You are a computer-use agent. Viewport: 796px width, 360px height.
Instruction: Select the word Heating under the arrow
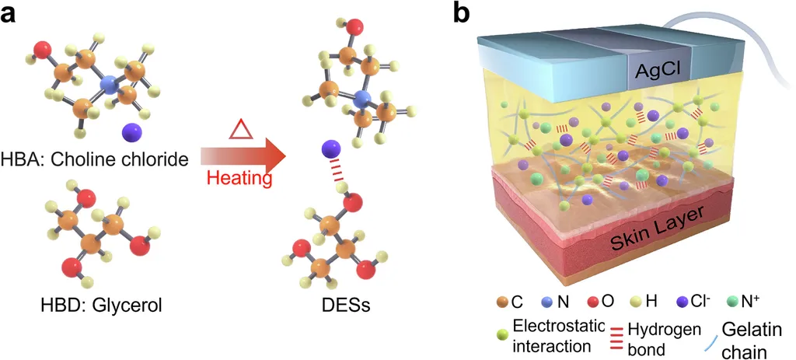tap(239, 180)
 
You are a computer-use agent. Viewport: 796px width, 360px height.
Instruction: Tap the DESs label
tap(340, 305)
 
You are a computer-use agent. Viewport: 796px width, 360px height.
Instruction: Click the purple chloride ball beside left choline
tap(131, 130)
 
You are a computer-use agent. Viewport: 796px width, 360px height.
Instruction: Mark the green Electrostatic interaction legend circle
tap(503, 335)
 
